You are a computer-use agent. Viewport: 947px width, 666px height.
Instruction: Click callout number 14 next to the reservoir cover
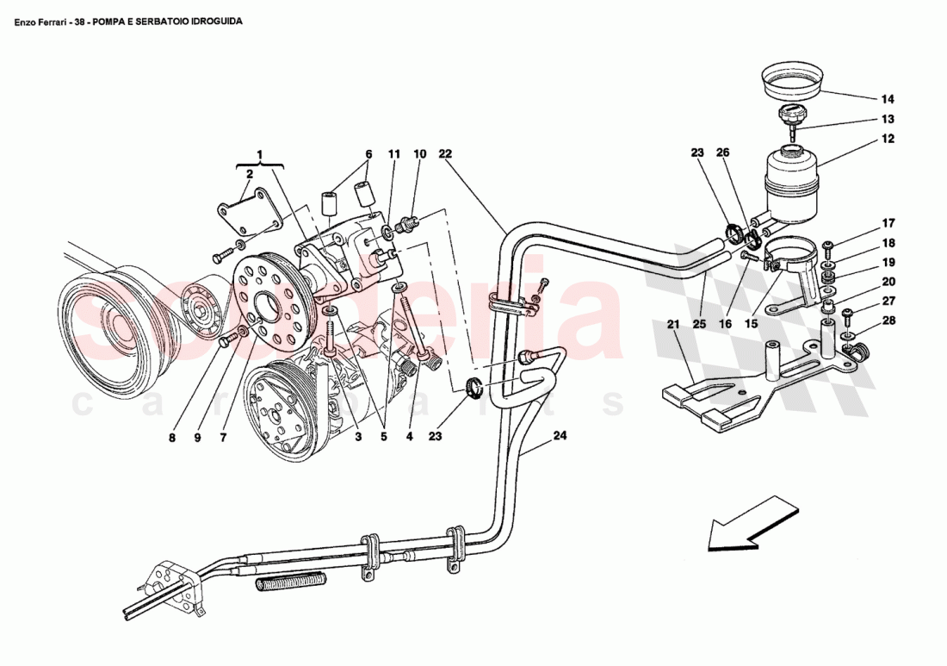888,98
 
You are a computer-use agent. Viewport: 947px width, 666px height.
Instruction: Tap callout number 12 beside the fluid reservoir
888,138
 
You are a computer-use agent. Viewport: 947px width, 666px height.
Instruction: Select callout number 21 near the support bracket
673,325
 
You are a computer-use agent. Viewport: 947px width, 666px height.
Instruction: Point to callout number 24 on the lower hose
560,436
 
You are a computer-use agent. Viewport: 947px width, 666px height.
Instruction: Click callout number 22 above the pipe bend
445,154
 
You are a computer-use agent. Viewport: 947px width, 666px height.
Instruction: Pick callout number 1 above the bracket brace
260,155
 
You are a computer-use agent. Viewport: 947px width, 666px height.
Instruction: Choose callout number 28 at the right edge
888,321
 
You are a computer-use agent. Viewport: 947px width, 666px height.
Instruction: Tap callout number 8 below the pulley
171,437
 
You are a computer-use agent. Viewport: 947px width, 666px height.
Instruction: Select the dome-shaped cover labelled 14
791,82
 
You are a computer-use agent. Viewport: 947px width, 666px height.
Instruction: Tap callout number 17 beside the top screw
888,223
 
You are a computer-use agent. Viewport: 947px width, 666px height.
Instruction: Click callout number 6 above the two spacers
368,155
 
